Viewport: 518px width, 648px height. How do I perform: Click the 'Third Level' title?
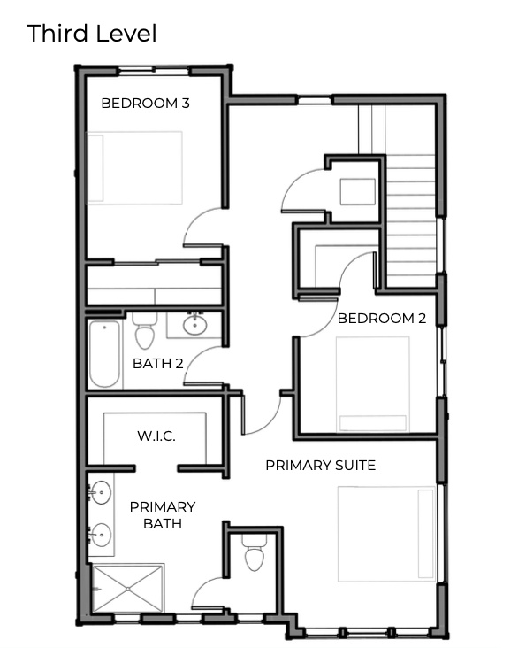click(92, 34)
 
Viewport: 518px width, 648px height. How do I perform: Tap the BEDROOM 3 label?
click(145, 103)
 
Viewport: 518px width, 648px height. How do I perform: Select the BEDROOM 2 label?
click(382, 319)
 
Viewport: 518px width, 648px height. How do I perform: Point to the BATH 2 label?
click(158, 363)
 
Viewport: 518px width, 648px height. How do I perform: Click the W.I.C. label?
click(156, 436)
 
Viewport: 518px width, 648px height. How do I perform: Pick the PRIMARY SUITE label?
click(320, 465)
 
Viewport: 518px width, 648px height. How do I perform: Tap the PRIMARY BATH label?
click(162, 514)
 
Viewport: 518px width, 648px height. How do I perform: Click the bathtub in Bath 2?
click(104, 353)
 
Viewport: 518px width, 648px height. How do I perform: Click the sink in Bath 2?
click(195, 325)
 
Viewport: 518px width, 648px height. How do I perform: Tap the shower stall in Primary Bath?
click(128, 588)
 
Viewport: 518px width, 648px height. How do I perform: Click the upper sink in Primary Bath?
click(101, 492)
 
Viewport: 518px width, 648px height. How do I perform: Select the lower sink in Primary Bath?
click(101, 535)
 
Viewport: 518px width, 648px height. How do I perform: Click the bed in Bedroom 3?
click(133, 168)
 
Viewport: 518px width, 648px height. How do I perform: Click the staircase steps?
click(411, 221)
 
